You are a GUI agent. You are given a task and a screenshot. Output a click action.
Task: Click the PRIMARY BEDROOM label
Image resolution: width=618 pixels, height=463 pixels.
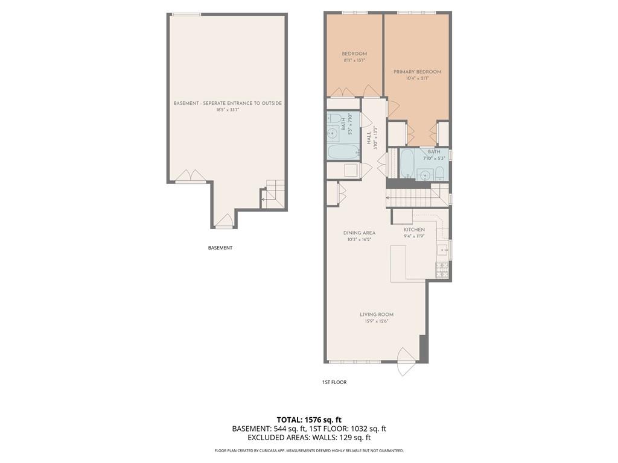(417, 72)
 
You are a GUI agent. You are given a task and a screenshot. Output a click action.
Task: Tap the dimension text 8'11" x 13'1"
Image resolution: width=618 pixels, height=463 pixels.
(354, 60)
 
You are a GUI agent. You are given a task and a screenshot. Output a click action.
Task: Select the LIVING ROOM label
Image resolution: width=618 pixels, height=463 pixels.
(377, 314)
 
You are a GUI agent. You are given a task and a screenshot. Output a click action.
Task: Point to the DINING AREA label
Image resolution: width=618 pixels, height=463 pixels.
(359, 233)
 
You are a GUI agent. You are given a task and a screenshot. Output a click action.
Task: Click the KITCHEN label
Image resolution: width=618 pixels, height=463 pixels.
(414, 230)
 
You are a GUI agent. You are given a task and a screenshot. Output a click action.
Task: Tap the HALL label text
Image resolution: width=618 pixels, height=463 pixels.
(369, 138)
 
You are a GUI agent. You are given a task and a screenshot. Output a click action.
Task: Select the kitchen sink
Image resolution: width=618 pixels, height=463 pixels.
(442, 249)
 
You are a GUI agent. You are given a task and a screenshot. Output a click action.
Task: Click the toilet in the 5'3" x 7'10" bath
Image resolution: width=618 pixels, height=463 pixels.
(334, 118)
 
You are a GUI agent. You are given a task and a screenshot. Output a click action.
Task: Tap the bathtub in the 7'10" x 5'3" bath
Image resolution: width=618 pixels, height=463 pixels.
(407, 163)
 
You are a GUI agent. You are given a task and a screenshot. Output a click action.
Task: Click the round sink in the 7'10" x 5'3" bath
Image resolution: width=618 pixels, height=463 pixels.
(426, 175)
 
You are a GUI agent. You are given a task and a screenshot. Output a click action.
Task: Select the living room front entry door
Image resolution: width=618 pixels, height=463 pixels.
(407, 362)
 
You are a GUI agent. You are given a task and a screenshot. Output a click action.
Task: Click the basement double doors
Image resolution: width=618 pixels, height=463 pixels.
(190, 176)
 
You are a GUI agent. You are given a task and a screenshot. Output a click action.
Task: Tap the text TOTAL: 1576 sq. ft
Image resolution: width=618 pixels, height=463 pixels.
(309, 420)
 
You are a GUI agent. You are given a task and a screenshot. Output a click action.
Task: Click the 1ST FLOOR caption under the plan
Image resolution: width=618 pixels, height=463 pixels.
(334, 382)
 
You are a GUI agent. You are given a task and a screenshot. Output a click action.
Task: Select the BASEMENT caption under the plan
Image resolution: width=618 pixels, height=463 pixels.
(220, 248)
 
